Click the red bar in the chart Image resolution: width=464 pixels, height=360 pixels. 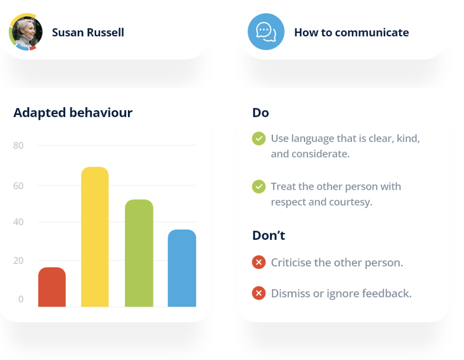click(x=52, y=287)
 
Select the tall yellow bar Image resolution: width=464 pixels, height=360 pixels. click(x=95, y=237)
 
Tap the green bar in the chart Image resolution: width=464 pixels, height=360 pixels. click(x=139, y=254)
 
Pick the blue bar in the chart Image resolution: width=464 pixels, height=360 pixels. click(x=182, y=269)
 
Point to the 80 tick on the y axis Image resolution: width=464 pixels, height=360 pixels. click(x=18, y=146)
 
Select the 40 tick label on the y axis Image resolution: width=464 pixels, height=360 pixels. click(x=18, y=222)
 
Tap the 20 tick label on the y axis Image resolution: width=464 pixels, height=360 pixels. click(x=18, y=261)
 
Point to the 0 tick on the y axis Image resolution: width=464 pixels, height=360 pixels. click(x=20, y=299)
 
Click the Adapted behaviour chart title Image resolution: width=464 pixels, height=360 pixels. click(x=73, y=113)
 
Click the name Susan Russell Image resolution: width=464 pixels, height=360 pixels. click(x=88, y=33)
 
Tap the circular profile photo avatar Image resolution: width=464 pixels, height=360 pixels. click(x=26, y=32)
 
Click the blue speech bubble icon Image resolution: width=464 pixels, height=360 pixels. click(x=266, y=32)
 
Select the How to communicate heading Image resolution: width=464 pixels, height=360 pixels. click(x=351, y=33)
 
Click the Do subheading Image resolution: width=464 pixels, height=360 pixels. click(x=260, y=113)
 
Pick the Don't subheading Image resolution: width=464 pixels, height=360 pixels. click(x=268, y=236)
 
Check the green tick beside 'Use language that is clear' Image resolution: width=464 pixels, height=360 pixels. click(x=259, y=138)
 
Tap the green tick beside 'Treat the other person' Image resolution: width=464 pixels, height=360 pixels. click(x=259, y=187)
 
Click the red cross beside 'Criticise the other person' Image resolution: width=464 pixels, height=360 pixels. click(x=259, y=262)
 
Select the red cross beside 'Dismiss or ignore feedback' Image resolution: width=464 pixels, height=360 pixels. click(x=259, y=293)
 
